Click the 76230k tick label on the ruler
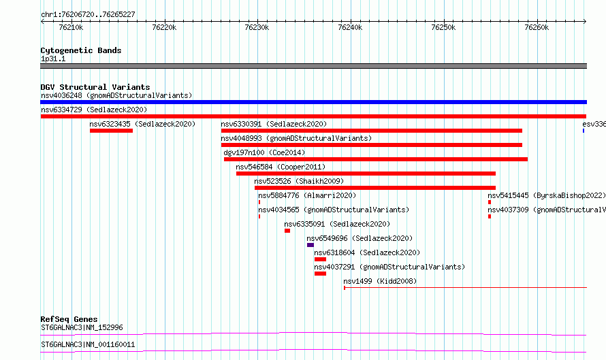click(x=257, y=27)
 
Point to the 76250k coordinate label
click(x=443, y=27)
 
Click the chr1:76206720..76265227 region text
click(x=88, y=15)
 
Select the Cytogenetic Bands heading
click(x=81, y=50)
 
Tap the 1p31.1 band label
click(x=53, y=59)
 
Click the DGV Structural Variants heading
click(x=95, y=87)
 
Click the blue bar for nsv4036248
click(x=313, y=102)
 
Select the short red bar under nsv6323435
click(x=111, y=131)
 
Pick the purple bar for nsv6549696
click(x=310, y=245)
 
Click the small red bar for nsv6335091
click(x=287, y=231)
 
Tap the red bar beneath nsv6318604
click(x=321, y=259)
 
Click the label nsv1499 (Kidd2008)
click(x=381, y=281)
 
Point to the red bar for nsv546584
click(x=366, y=174)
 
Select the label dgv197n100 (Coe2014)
click(x=264, y=152)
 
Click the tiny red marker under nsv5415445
click(x=490, y=202)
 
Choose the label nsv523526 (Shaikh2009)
click(x=299, y=181)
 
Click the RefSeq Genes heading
click(x=69, y=319)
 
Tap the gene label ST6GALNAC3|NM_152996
click(x=82, y=327)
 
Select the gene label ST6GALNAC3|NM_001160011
click(x=88, y=344)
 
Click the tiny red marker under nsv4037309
click(x=490, y=216)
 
